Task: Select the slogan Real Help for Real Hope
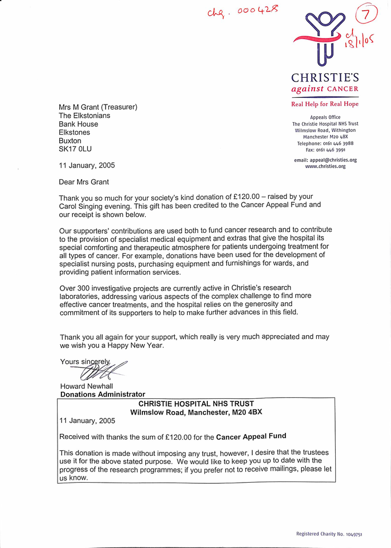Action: (x=325, y=104)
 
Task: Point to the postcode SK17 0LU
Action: (x=75, y=149)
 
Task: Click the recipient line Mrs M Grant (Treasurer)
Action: (x=98, y=107)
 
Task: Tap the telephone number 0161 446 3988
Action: (x=337, y=143)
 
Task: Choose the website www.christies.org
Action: (x=326, y=166)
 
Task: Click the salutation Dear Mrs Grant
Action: (x=84, y=182)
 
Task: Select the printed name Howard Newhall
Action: (x=87, y=387)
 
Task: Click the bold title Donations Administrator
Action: (x=103, y=394)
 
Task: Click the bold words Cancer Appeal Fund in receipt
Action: (x=251, y=436)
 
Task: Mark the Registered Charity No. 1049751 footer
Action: (x=329, y=534)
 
